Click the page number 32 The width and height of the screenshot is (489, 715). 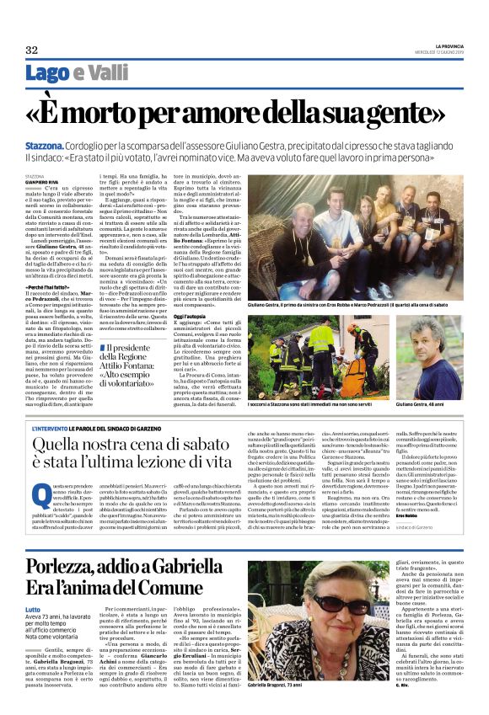32,50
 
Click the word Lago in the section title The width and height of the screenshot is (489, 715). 46,73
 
